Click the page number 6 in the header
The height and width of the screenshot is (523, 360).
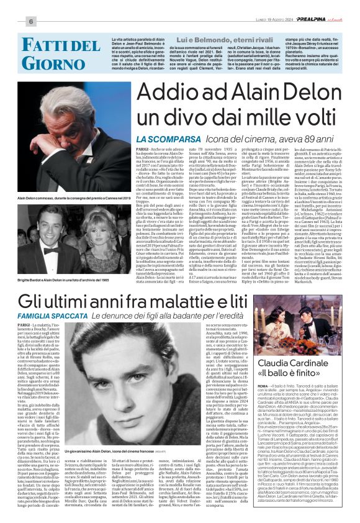tap(11, 21)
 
